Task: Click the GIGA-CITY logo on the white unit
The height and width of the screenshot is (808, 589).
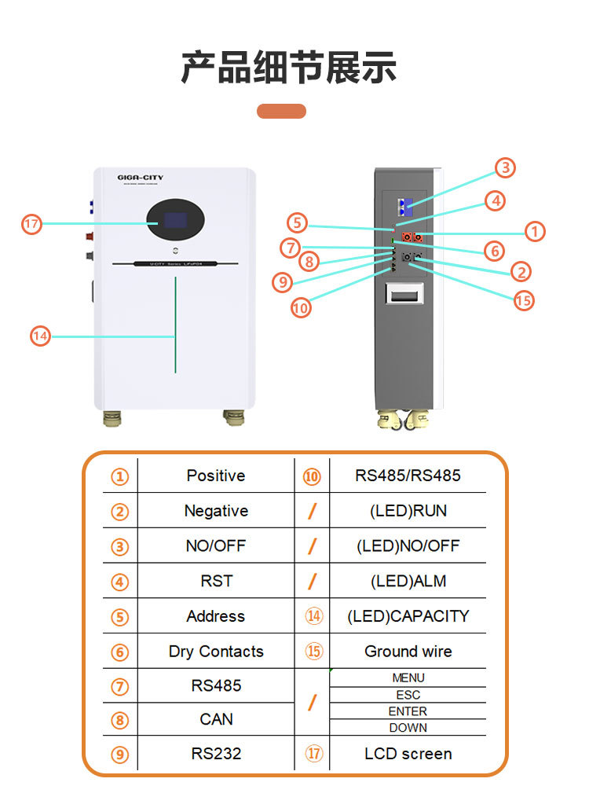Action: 141,178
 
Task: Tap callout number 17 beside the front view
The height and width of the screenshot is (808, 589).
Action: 31,224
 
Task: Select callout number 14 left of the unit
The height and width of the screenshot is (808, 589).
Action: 41,336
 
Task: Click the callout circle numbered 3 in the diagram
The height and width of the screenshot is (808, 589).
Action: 505,167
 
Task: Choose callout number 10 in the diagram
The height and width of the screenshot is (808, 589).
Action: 301,307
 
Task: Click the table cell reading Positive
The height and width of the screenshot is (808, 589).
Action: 215,476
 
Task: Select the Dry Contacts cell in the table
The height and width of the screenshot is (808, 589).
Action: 215,652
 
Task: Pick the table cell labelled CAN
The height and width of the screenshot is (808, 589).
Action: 215,719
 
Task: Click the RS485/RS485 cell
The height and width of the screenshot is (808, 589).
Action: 408,476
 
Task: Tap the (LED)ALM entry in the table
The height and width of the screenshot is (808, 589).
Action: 408,581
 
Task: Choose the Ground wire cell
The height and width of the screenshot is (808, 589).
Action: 408,652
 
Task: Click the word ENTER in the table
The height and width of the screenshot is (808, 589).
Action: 408,711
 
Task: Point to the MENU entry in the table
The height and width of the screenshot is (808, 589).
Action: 408,678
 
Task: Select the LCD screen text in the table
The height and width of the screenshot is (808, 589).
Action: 408,754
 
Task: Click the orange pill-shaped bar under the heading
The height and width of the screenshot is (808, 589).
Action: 281,111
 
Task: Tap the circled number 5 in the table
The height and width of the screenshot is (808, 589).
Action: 119,617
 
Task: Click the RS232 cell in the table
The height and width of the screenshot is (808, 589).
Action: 215,754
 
